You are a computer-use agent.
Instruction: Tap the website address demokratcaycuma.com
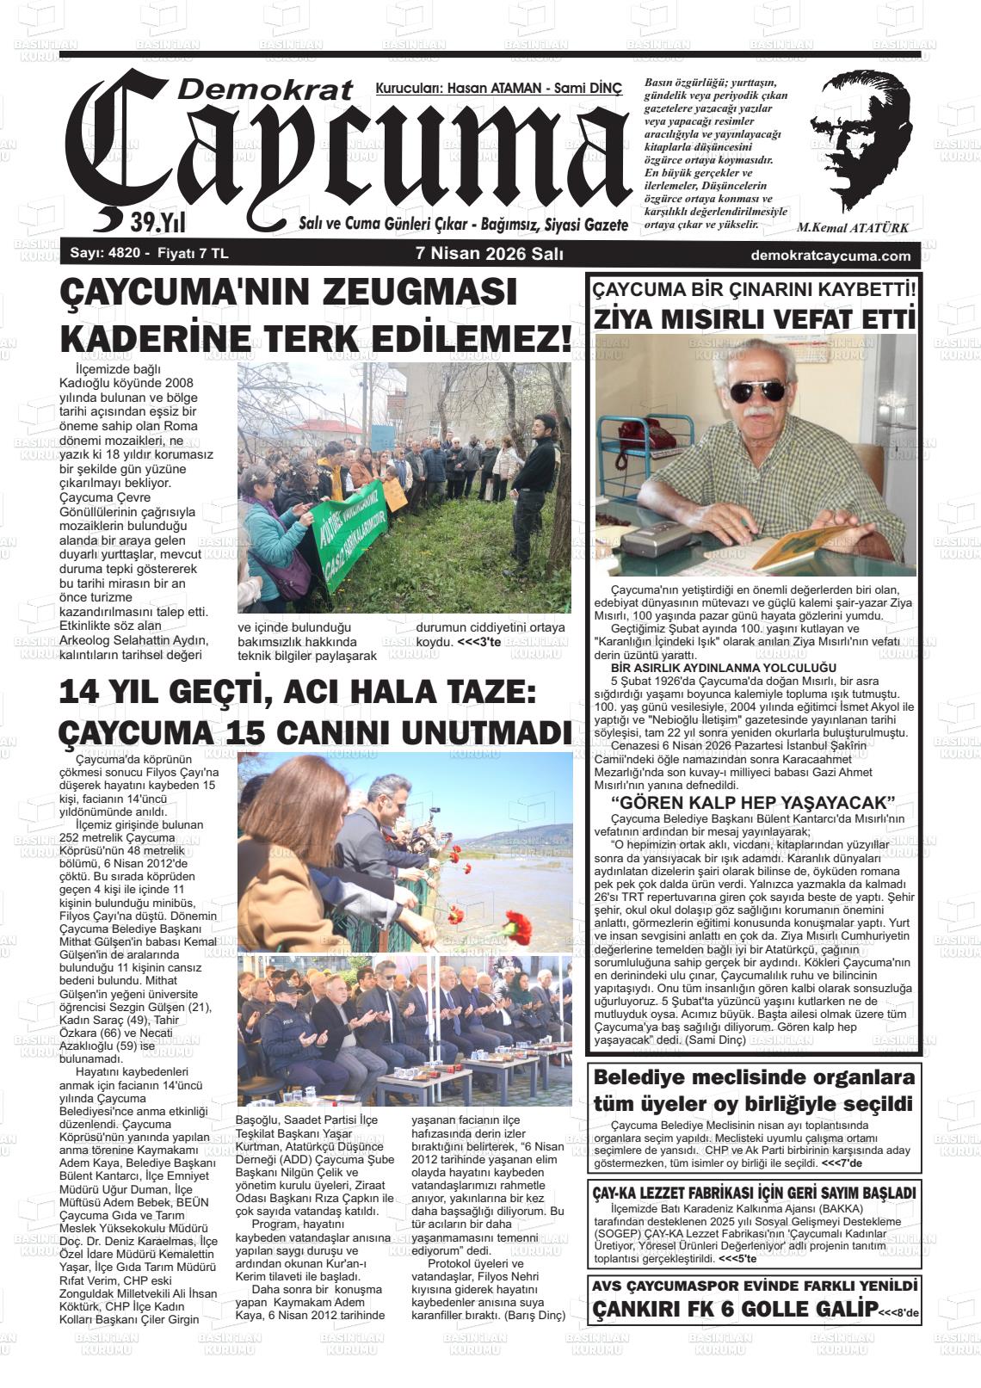click(x=830, y=256)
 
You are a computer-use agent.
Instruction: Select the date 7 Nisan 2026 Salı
click(x=489, y=255)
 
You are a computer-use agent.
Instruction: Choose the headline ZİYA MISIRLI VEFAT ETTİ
click(x=754, y=320)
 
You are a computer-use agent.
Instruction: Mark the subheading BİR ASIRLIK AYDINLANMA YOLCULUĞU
click(x=712, y=668)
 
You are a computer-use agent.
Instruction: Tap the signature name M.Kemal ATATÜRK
click(x=853, y=228)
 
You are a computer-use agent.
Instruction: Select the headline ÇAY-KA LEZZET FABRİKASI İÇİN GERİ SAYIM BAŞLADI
click(x=753, y=1194)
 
